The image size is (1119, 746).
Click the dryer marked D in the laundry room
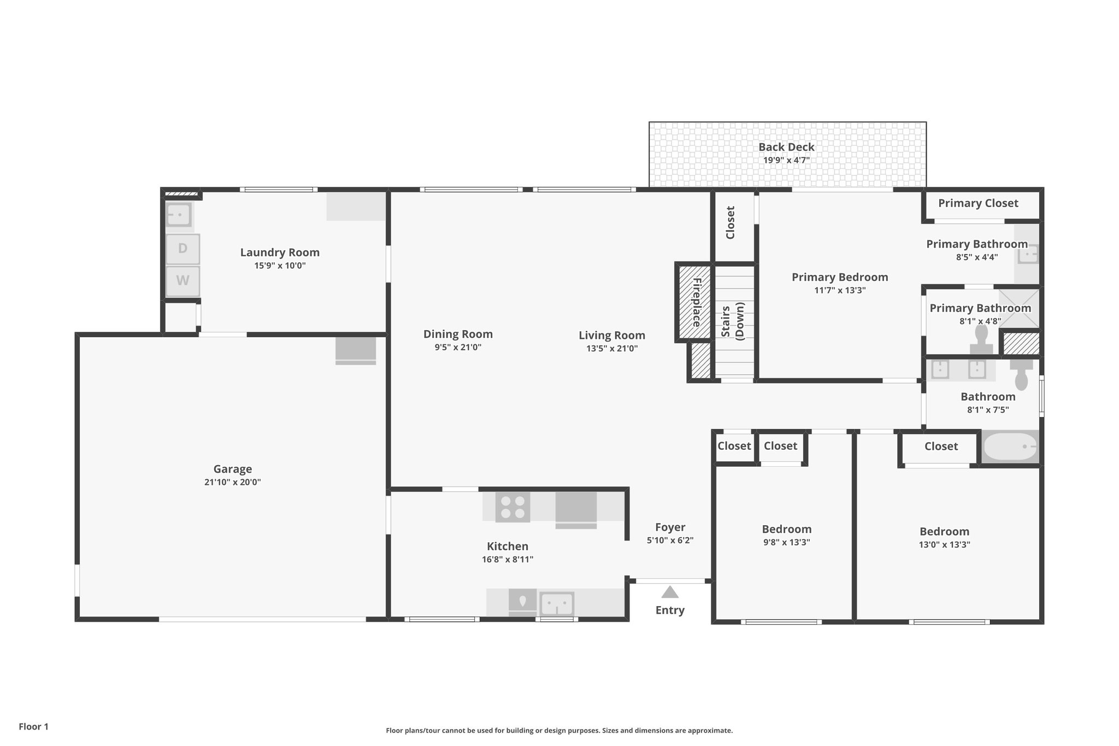(x=182, y=249)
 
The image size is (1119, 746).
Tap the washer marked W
(x=182, y=281)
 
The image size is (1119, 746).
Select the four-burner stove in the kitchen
(x=513, y=507)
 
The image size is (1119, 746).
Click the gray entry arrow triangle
(x=670, y=592)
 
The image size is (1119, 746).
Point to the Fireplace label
(x=697, y=302)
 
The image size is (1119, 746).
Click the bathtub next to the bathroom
(x=1010, y=447)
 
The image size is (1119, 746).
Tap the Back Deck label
(x=786, y=147)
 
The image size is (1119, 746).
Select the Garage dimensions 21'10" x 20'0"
(x=233, y=482)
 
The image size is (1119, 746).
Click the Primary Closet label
(x=978, y=203)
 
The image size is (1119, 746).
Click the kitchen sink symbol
(x=557, y=604)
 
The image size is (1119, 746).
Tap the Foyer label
(x=670, y=527)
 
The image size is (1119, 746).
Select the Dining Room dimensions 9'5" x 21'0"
(x=458, y=348)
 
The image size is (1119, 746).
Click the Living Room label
(x=612, y=336)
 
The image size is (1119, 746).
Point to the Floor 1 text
(x=34, y=727)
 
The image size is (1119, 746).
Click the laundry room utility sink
(x=179, y=215)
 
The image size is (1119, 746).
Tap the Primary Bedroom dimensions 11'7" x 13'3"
(x=840, y=290)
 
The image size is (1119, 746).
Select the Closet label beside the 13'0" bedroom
(x=941, y=447)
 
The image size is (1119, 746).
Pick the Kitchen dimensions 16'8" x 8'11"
(x=508, y=560)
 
